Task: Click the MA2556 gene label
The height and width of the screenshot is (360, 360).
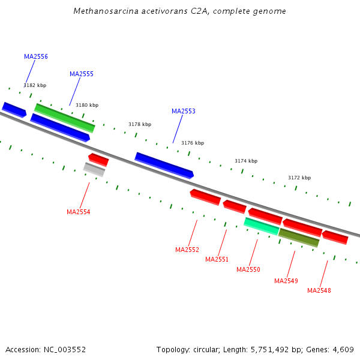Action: click(x=36, y=56)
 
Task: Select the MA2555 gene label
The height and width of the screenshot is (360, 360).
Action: click(x=82, y=74)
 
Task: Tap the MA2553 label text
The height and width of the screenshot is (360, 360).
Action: click(x=184, y=111)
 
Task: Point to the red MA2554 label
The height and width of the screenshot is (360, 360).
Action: click(x=78, y=212)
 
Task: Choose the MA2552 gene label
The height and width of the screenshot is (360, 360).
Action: click(x=187, y=250)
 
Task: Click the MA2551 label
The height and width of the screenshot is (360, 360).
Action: click(x=217, y=259)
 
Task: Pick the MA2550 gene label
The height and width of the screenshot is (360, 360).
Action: click(x=248, y=269)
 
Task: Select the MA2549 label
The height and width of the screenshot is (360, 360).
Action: click(x=286, y=281)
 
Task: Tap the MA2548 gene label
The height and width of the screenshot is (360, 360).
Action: click(x=319, y=290)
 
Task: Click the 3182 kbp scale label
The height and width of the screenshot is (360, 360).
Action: click(x=35, y=85)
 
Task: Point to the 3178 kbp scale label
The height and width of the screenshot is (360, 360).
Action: click(x=140, y=124)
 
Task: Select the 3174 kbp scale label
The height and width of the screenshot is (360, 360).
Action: click(x=246, y=161)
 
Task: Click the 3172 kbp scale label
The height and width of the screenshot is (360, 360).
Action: click(x=299, y=178)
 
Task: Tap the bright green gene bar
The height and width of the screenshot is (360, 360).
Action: click(x=65, y=118)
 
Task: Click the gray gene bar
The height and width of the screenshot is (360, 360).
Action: click(x=94, y=169)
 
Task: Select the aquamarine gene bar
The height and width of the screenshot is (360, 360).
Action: click(x=262, y=226)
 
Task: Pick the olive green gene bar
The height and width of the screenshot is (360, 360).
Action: click(x=299, y=238)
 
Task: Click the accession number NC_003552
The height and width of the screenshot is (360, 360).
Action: click(x=65, y=350)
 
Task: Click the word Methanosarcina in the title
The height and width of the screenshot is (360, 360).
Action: click(x=106, y=11)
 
